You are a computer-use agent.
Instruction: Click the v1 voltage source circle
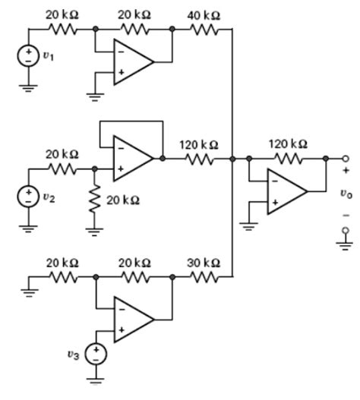click(x=28, y=55)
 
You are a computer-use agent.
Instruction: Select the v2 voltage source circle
click(x=28, y=197)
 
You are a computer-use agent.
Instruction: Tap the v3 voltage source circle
click(x=96, y=354)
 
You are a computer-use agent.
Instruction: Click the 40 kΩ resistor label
click(x=204, y=16)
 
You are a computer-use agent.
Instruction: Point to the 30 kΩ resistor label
click(x=204, y=263)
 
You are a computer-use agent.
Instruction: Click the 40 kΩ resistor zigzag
click(x=204, y=30)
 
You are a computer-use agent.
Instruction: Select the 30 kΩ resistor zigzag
click(x=204, y=276)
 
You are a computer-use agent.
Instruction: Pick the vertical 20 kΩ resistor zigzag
click(x=95, y=199)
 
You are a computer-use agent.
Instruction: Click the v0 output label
click(x=346, y=194)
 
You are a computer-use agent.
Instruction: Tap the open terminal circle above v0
click(x=346, y=159)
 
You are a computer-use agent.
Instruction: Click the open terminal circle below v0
click(x=346, y=230)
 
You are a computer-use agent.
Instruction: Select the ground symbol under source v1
click(x=28, y=88)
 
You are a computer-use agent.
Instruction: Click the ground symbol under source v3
click(x=96, y=381)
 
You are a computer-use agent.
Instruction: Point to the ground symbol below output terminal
click(x=345, y=245)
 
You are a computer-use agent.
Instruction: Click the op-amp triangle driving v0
click(x=287, y=191)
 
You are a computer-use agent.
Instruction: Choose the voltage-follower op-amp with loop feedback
click(x=133, y=159)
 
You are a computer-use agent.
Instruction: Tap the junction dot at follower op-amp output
click(x=163, y=159)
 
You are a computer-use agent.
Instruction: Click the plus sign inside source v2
click(x=28, y=192)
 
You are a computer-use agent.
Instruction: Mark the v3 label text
click(x=74, y=355)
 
